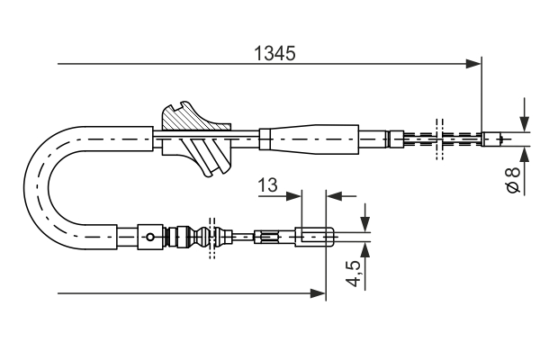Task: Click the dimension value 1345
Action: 273,52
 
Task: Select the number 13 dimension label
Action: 267,184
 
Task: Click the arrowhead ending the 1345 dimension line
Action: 473,64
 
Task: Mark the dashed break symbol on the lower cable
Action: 213,238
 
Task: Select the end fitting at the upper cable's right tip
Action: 494,139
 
